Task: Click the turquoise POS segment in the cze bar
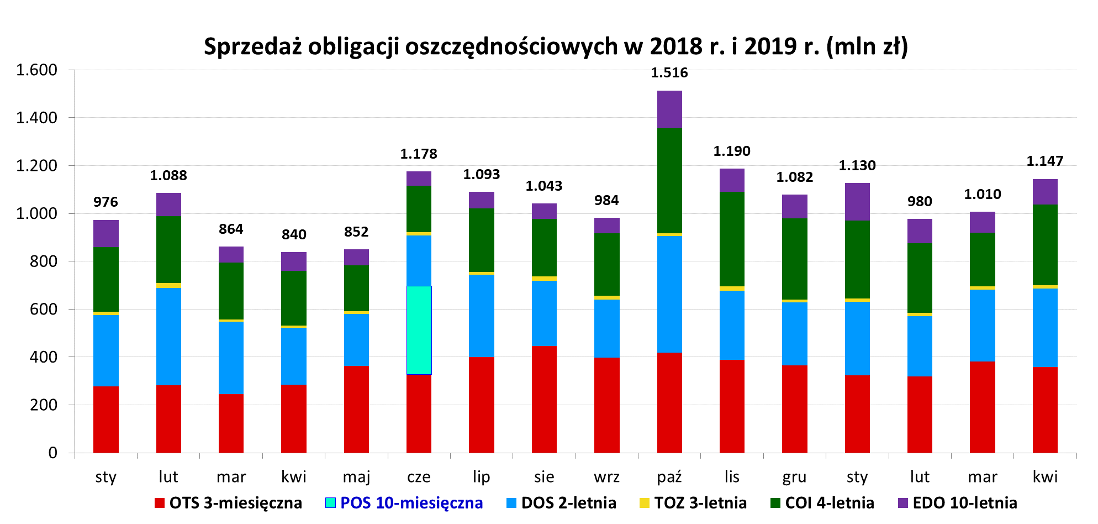pyautogui.click(x=419, y=330)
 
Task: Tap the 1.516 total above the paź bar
pyautogui.click(x=669, y=73)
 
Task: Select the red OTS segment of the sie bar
pyautogui.click(x=544, y=399)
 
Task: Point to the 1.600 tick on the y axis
pyautogui.click(x=36, y=70)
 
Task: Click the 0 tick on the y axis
pyautogui.click(x=52, y=453)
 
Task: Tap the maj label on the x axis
pyautogui.click(x=356, y=477)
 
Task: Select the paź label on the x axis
pyautogui.click(x=669, y=477)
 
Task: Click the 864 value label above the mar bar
pyautogui.click(x=231, y=229)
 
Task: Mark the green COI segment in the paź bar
pyautogui.click(x=669, y=181)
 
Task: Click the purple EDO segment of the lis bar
pyautogui.click(x=732, y=180)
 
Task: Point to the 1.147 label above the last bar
pyautogui.click(x=1044, y=161)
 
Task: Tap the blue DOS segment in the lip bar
pyautogui.click(x=482, y=316)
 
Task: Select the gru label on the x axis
pyautogui.click(x=794, y=477)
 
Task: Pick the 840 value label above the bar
pyautogui.click(x=294, y=235)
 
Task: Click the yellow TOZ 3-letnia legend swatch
pyautogui.click(x=644, y=503)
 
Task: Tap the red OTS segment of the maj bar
pyautogui.click(x=356, y=409)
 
